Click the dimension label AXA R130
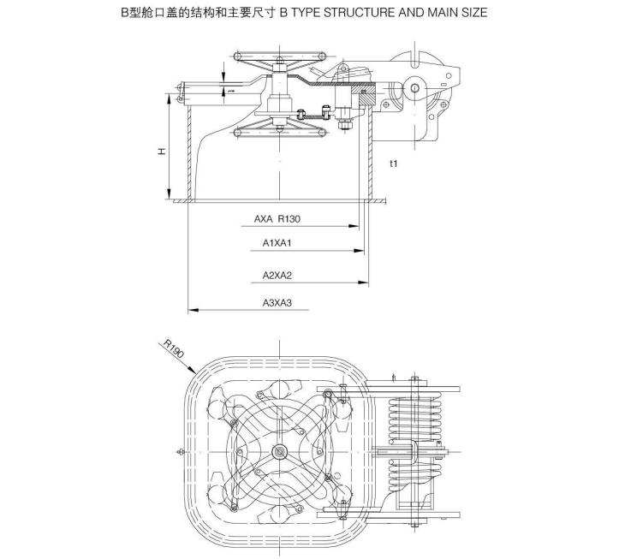277,219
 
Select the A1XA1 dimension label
277,244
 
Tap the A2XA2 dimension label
277,276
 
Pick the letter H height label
161,152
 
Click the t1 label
393,164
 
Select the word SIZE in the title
472,14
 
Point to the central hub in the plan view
279,451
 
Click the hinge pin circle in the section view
414,89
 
